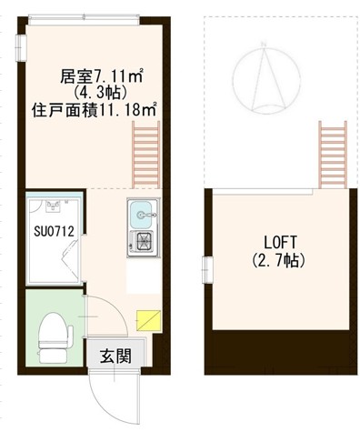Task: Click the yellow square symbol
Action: point(146,318)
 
